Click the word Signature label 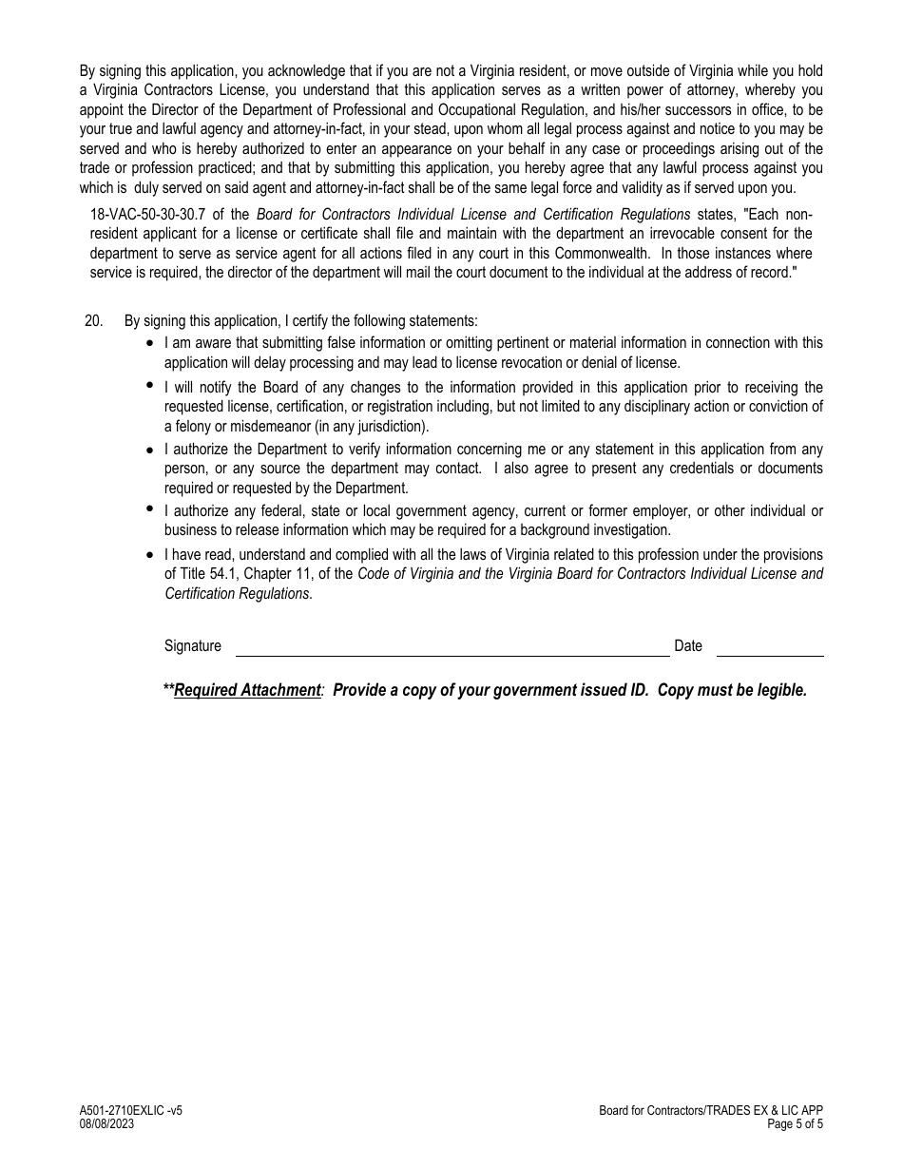[x=192, y=646]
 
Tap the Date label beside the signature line [x=687, y=646]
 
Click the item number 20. [x=93, y=321]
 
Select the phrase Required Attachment [x=247, y=691]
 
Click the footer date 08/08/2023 [x=106, y=1123]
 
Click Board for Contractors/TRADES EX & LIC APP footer [x=711, y=1111]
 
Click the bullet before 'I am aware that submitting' [x=150, y=343]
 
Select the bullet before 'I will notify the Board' [x=150, y=385]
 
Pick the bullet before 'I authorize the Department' [x=150, y=450]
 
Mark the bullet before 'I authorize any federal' [x=150, y=508]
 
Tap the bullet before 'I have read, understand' [x=150, y=555]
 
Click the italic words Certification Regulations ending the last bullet [x=237, y=594]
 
